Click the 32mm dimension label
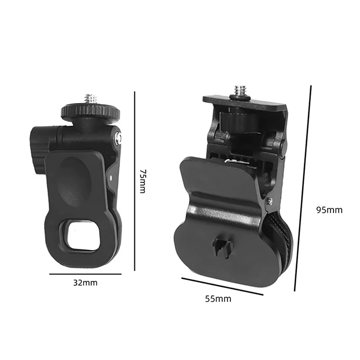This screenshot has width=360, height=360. pos(85,283)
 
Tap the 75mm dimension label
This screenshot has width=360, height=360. pos(143,181)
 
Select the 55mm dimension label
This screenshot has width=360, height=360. pos(219,299)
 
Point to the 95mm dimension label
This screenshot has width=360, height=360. pos(329,210)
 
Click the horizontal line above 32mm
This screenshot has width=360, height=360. pos(85,274)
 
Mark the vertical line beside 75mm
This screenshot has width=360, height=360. pos(135,180)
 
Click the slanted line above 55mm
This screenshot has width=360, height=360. pos(222,287)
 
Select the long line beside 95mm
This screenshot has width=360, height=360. pos(303,189)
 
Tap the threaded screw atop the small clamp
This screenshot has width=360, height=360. pos(91,99)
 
